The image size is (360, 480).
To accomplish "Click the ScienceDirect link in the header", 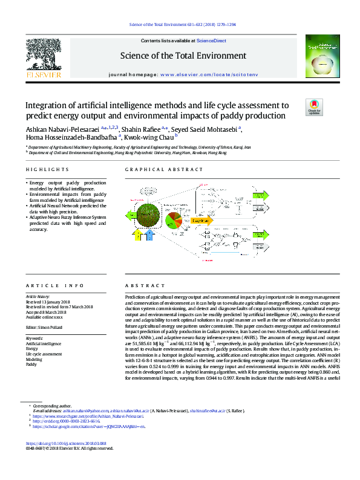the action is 212,41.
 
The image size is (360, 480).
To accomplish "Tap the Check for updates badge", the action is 315,107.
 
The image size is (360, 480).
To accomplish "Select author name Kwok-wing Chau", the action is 149,137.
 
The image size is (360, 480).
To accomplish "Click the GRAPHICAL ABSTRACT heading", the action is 156,171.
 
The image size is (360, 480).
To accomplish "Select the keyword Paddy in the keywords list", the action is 31,365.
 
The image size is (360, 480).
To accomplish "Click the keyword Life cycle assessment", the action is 44,354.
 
